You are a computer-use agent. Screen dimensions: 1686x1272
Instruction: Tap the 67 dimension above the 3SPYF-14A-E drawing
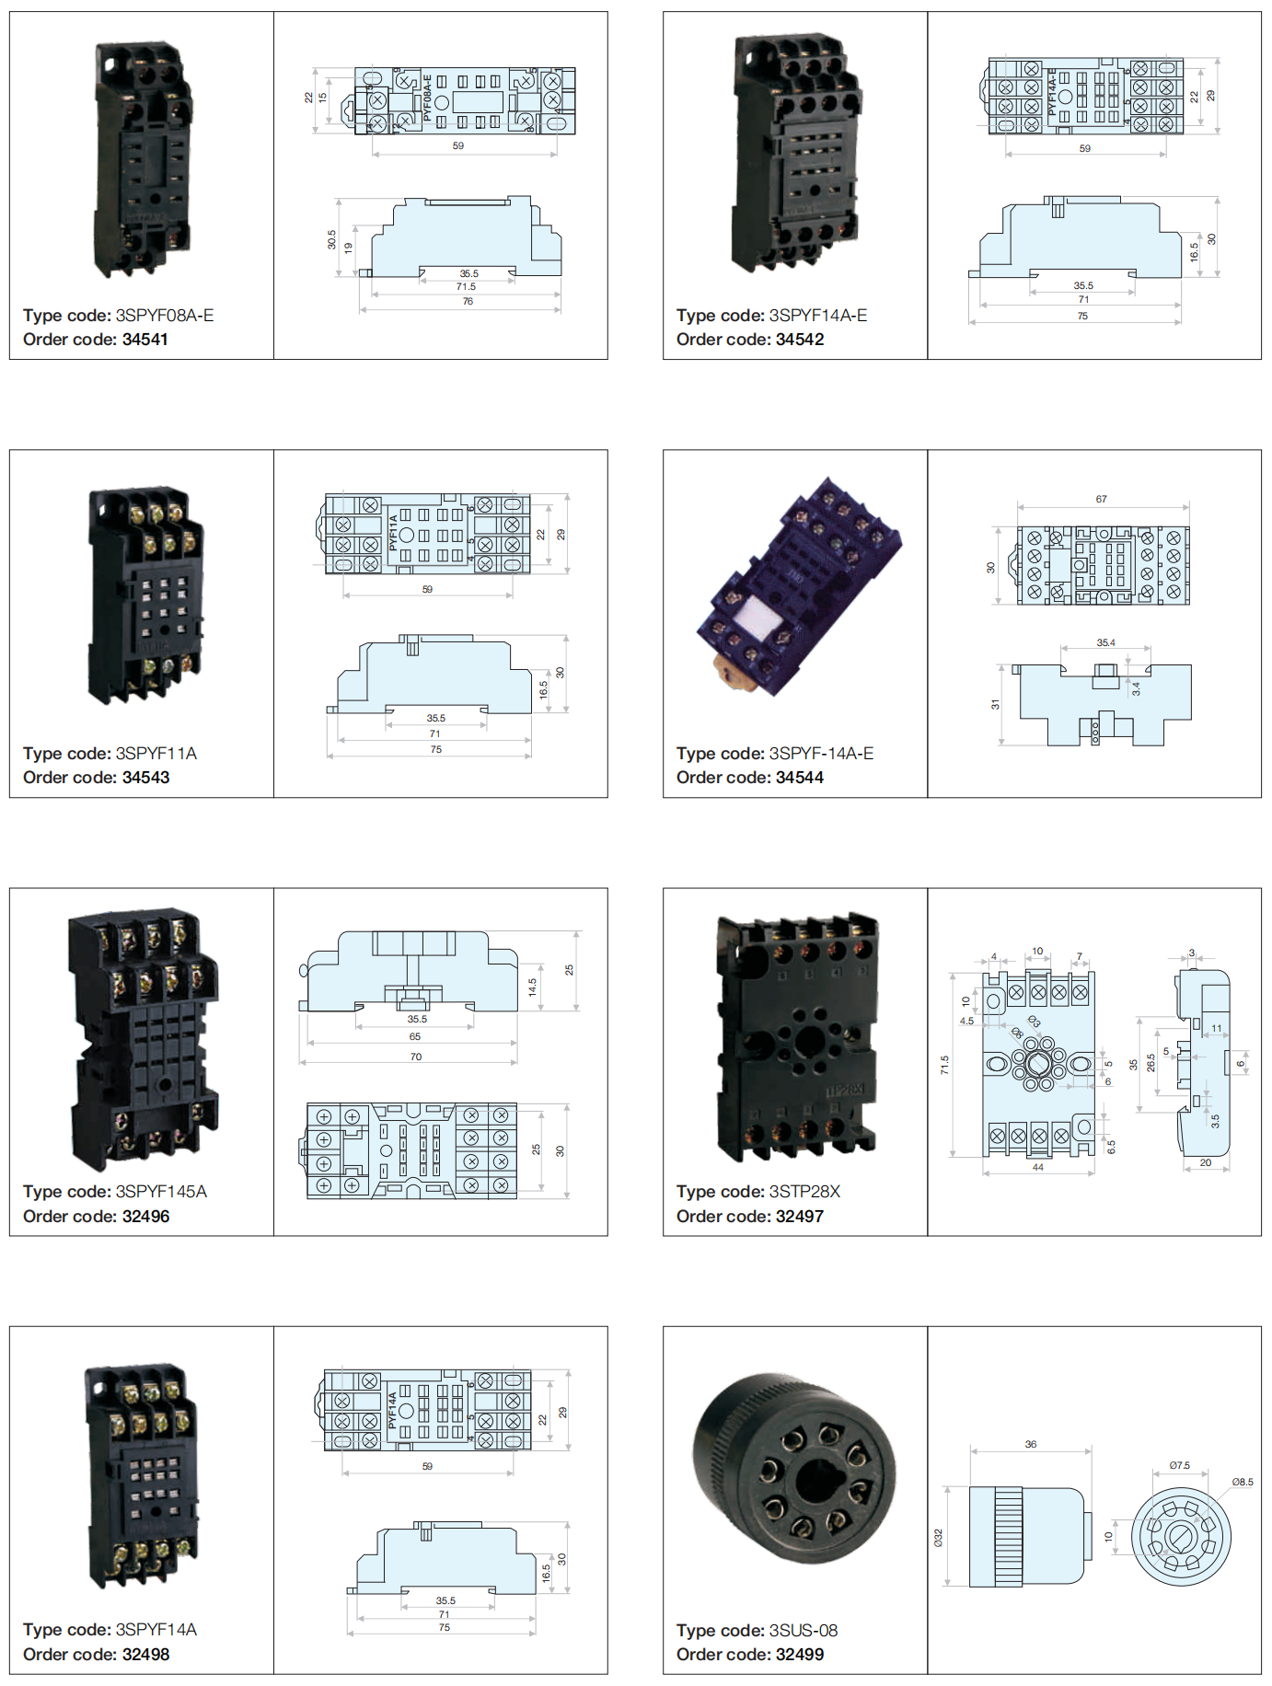pos(1102,499)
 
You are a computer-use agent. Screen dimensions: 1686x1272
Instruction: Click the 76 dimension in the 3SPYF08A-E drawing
pos(468,302)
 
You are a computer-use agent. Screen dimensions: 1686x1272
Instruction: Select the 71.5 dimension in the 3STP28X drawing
pos(944,1065)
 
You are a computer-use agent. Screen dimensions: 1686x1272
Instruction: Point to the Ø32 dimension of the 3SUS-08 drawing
pos(939,1538)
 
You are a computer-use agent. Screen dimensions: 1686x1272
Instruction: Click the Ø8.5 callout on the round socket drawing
pos(1243,1482)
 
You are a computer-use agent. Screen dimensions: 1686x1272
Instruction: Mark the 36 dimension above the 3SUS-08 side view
pos(1031,1444)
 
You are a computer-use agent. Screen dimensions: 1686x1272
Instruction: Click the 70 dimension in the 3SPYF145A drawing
pos(416,1057)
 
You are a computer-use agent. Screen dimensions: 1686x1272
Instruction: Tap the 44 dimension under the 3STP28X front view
pos(1038,1167)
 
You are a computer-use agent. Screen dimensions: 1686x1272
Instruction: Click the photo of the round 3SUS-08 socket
pos(793,1469)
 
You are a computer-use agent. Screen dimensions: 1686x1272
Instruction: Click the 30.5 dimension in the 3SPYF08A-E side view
pos(332,239)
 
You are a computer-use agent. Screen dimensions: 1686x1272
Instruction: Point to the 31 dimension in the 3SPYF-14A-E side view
pos(995,705)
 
